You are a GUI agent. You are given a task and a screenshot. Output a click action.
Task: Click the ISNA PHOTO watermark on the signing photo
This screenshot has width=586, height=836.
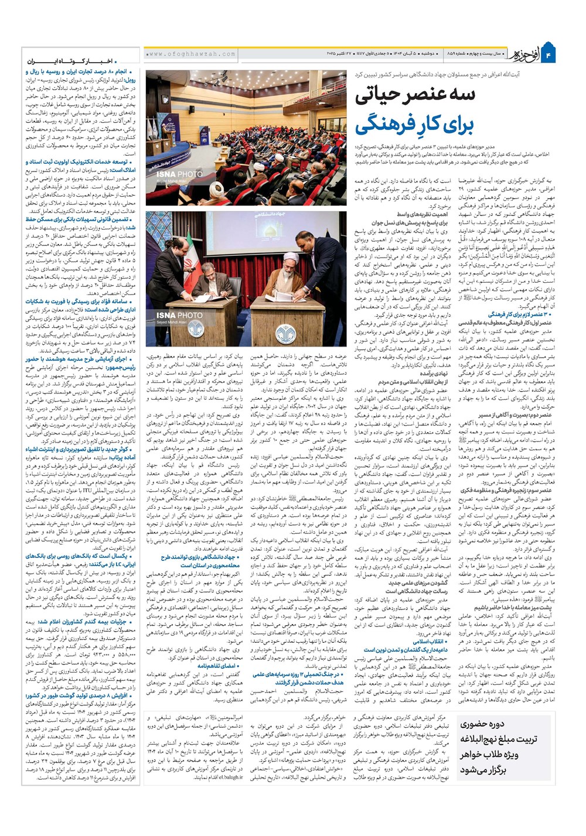(x=179, y=316)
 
